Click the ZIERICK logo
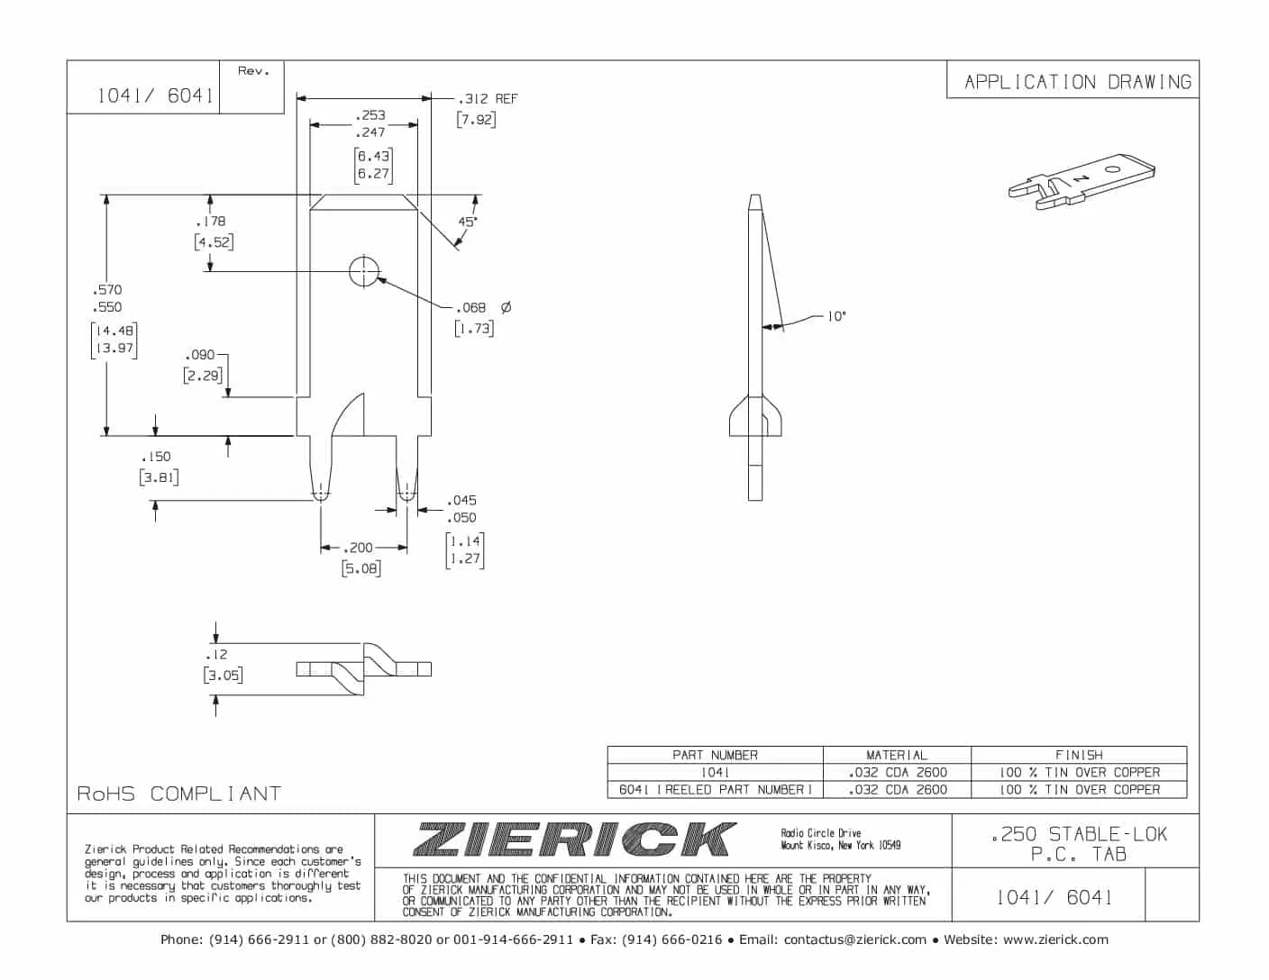[574, 839]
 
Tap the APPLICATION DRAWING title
[1077, 82]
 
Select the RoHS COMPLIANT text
[178, 794]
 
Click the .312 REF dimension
[488, 99]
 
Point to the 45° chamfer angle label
[467, 222]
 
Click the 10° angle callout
[836, 316]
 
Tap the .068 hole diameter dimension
[471, 308]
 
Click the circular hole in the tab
[364, 270]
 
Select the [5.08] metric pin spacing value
[361, 568]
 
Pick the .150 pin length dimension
[156, 457]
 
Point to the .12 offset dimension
[217, 655]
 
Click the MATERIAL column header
[897, 755]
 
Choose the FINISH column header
[1079, 755]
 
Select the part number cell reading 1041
[715, 772]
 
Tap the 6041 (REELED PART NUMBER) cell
[715, 789]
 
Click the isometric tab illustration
[1082, 180]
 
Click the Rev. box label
[253, 71]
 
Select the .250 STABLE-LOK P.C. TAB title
[1079, 844]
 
